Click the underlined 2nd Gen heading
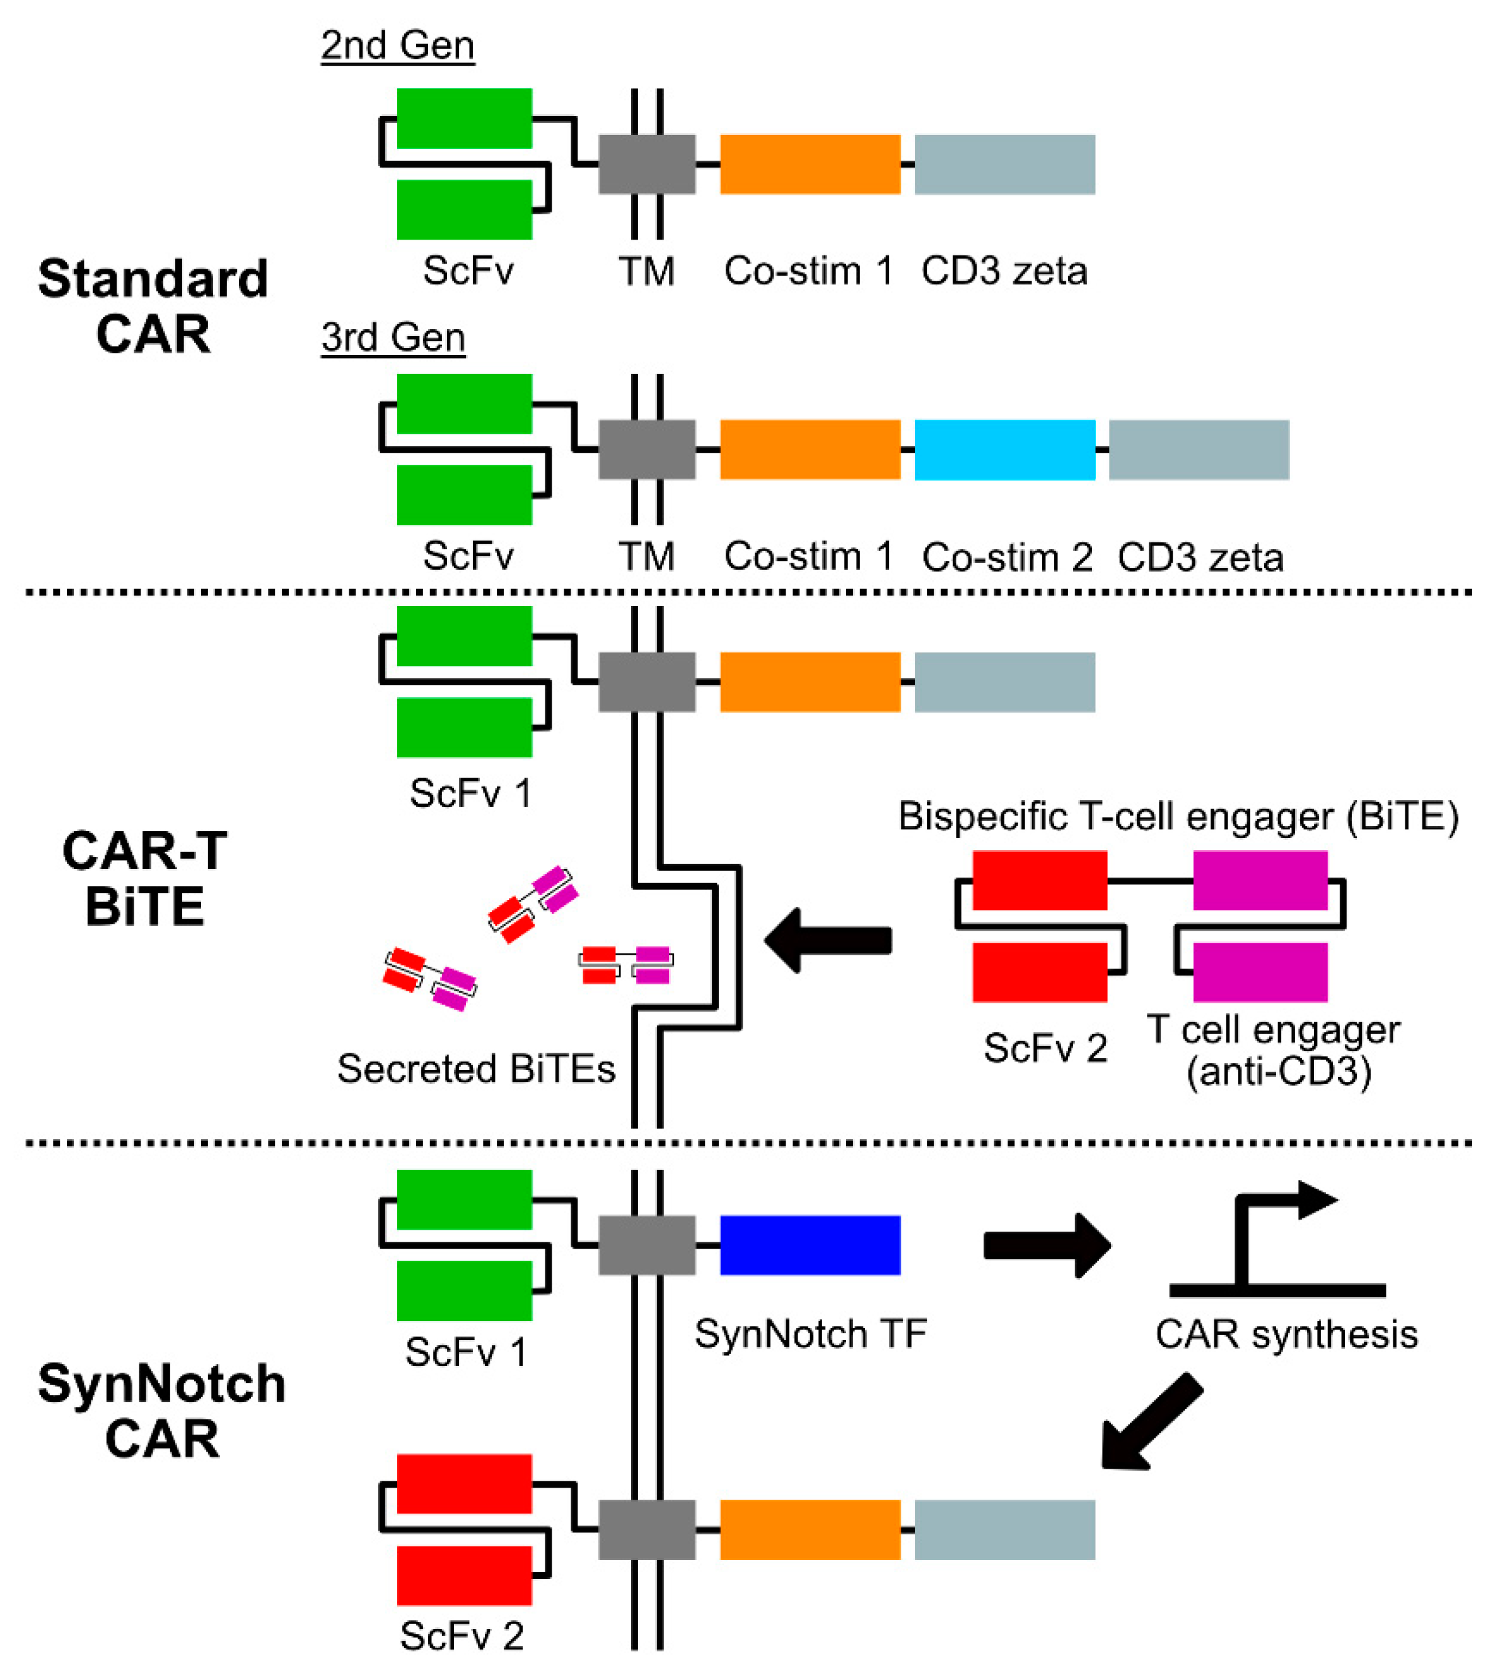pos(397,45)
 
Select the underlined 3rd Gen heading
pos(393,337)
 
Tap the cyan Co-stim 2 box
pos(1004,450)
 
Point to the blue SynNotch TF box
pos(810,1245)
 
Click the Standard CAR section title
pos(153,306)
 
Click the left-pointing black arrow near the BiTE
pos(828,940)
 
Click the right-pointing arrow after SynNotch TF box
pos(1046,1245)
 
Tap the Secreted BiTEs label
pos(476,1069)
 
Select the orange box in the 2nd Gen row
pos(810,164)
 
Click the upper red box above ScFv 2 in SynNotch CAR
pos(464,1483)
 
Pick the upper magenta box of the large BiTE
pos(1259,880)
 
